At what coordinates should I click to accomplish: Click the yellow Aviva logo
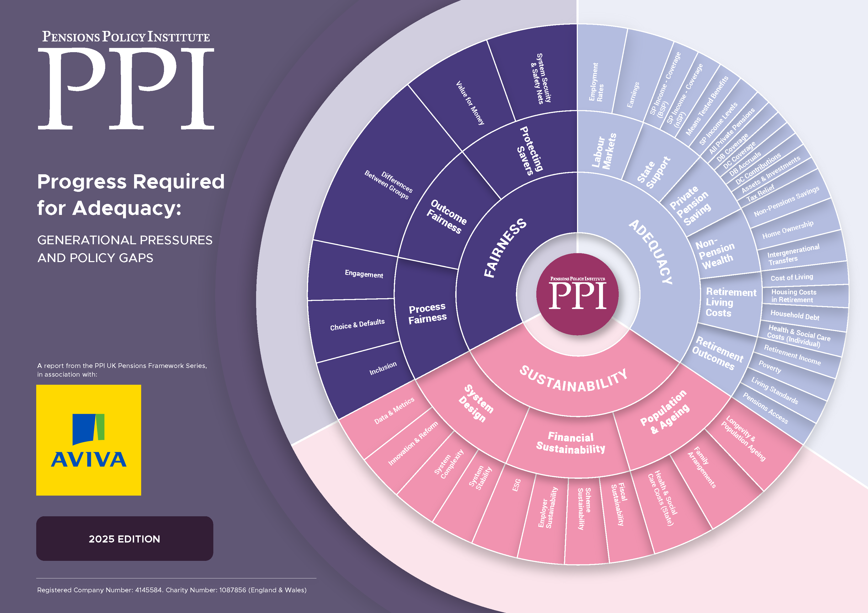coord(88,440)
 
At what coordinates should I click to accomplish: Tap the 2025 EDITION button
coord(124,538)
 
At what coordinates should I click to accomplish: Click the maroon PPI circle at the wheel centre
coord(577,294)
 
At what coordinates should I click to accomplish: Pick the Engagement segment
coord(364,274)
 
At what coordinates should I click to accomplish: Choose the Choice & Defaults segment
coord(357,324)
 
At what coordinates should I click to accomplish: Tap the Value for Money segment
coord(470,103)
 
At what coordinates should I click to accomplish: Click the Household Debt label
coord(795,315)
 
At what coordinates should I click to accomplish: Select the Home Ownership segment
coord(787,230)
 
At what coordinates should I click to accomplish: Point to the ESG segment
coord(516,485)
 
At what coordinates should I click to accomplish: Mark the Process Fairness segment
coord(428,313)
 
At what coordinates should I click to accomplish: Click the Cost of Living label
coord(792,278)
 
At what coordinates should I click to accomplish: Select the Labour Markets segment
coord(604,150)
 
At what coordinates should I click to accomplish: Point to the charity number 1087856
coord(232,590)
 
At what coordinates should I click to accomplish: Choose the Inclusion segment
coord(383,368)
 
